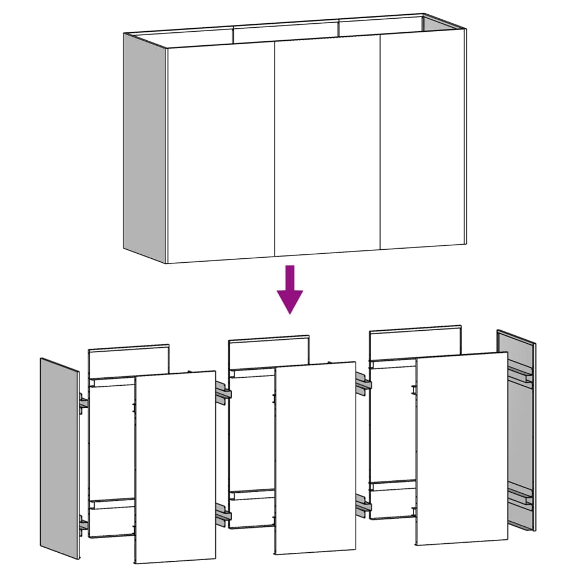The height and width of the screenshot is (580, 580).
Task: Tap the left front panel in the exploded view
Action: click(175, 467)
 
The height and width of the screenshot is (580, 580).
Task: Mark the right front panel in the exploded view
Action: click(462, 447)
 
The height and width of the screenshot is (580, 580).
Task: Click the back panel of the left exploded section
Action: click(129, 361)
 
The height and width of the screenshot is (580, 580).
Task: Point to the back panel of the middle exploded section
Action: click(269, 352)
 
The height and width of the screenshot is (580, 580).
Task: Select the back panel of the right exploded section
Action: click(415, 342)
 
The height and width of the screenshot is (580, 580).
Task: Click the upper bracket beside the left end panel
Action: click(84, 403)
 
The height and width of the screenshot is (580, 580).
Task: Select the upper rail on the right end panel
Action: click(521, 374)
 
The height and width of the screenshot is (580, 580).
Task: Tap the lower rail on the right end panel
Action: click(521, 497)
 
